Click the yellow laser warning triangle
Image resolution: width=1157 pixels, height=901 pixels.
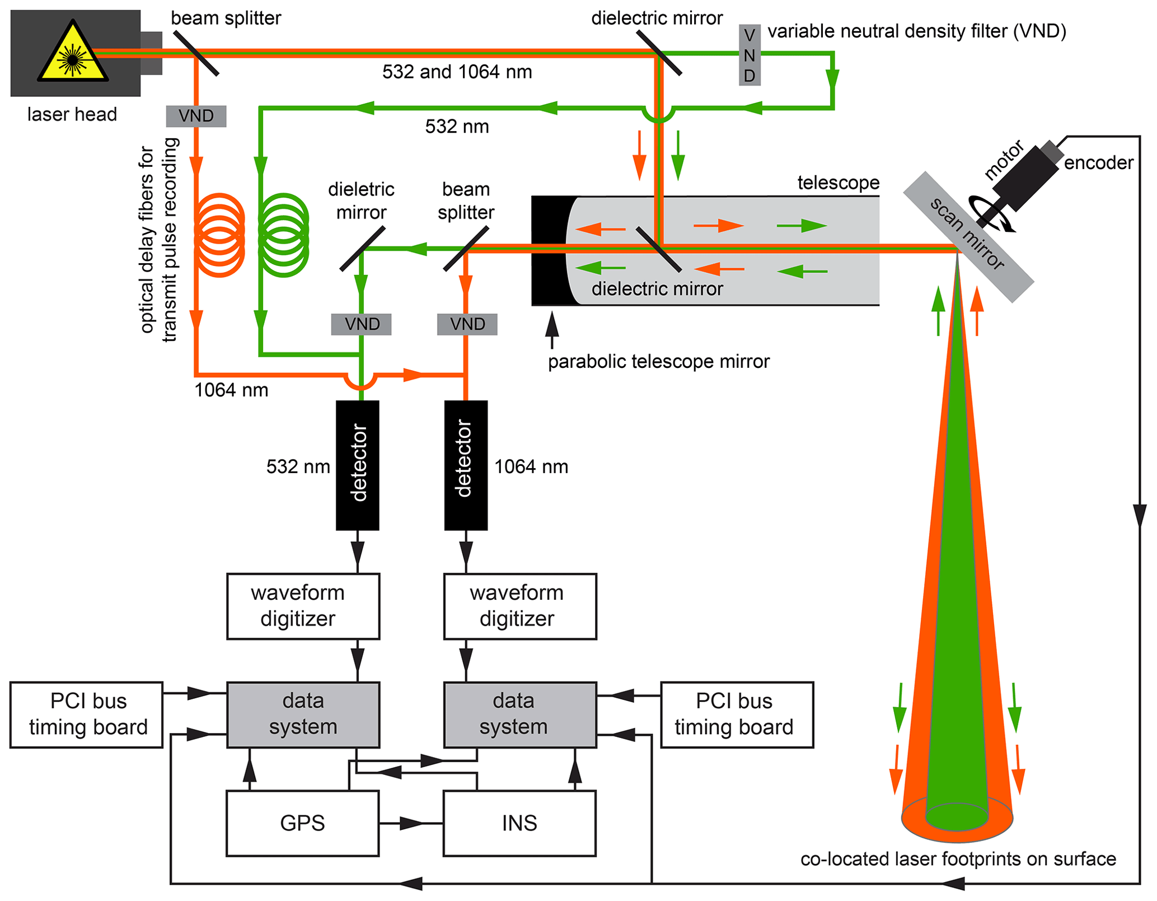pos(73,53)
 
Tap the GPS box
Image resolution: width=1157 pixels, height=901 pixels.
pos(303,823)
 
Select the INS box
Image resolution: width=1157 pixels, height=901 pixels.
pos(519,823)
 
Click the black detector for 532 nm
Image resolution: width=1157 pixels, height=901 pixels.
pos(358,465)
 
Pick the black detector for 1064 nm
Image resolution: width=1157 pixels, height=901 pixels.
pos(466,465)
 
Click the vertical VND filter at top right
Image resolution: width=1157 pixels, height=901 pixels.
pos(750,55)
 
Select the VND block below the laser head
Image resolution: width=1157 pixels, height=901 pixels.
pos(196,116)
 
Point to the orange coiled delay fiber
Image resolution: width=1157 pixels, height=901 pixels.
pos(219,235)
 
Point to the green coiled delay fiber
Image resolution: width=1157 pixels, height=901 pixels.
pos(284,235)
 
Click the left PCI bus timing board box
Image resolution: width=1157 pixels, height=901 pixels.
pos(87,715)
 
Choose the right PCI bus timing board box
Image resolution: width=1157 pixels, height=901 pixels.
pos(737,715)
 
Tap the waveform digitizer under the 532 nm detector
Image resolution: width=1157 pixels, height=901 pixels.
pos(303,606)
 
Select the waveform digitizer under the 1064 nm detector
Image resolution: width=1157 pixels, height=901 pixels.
pos(520,606)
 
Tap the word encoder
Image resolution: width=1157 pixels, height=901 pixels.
pos(1098,163)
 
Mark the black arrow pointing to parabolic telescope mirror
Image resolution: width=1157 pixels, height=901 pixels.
pos(552,330)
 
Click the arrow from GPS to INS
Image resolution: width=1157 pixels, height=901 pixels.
pos(411,823)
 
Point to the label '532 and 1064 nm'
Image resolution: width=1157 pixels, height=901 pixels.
pos(457,72)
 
